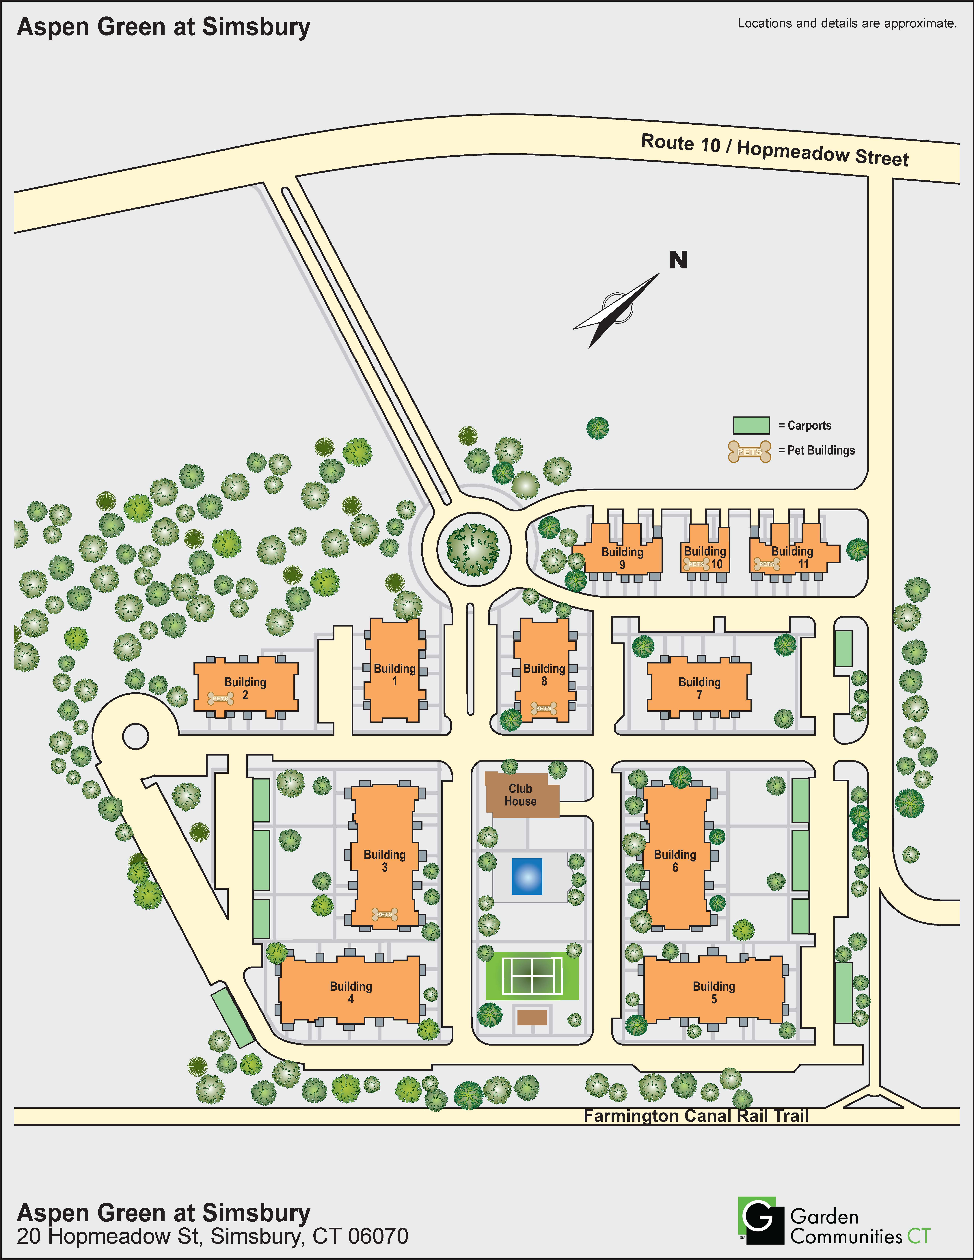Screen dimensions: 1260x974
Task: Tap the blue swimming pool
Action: click(x=527, y=876)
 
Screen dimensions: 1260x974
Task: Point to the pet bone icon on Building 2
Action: click(x=220, y=699)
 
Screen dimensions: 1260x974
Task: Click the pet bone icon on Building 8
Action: click(x=543, y=708)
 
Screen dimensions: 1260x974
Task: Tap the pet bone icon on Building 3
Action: click(x=384, y=914)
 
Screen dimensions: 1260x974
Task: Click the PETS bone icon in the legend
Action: click(x=749, y=451)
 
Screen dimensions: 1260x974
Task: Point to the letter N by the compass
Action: click(x=678, y=260)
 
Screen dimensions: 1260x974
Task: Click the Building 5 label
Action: click(x=714, y=992)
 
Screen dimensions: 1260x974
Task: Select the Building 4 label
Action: click(x=351, y=992)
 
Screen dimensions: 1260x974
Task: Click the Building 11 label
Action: click(x=792, y=557)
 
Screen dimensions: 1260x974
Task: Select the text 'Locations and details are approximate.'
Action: click(x=846, y=24)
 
